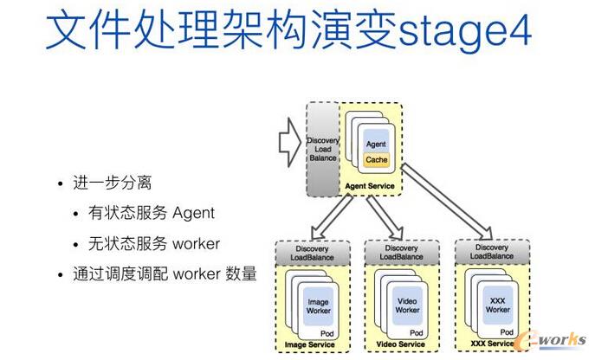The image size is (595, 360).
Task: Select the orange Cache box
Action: pyautogui.click(x=377, y=160)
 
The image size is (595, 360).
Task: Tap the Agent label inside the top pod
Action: pyautogui.click(x=376, y=144)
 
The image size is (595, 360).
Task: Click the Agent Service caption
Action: pyautogui.click(x=370, y=186)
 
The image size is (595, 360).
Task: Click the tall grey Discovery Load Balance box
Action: pyautogui.click(x=323, y=149)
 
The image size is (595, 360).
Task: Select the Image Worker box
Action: pyautogui.click(x=319, y=305)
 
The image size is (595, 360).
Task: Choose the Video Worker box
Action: pyautogui.click(x=407, y=305)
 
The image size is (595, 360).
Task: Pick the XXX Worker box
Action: pyautogui.click(x=497, y=305)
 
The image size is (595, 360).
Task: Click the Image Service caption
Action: pyautogui.click(x=310, y=345)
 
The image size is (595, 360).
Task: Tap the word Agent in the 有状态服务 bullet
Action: pyautogui.click(x=192, y=213)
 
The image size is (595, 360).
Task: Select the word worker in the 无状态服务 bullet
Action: pyautogui.click(x=197, y=243)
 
